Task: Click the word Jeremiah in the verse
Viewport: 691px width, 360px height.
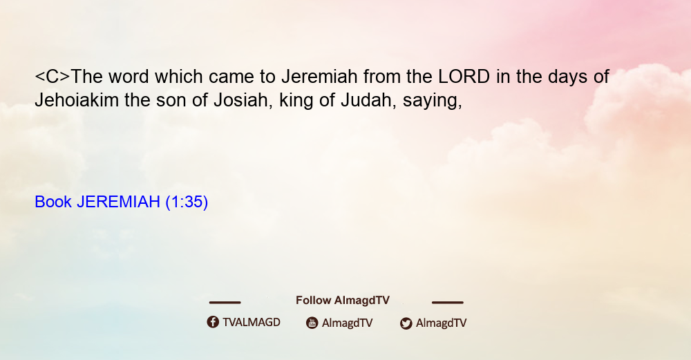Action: (319, 77)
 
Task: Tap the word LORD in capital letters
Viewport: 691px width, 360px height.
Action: (464, 77)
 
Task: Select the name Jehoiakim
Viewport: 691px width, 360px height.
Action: (77, 100)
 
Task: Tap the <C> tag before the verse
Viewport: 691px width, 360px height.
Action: (53, 77)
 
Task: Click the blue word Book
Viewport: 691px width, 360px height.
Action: (53, 202)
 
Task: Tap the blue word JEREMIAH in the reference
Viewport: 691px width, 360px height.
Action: (119, 202)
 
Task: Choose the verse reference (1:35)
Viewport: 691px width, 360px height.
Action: (187, 202)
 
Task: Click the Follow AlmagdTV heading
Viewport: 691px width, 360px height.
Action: (343, 301)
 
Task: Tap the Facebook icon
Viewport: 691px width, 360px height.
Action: (213, 322)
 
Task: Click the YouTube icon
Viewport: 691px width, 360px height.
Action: (312, 323)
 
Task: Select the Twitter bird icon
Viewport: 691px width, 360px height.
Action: (406, 323)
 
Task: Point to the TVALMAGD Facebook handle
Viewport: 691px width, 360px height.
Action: (252, 323)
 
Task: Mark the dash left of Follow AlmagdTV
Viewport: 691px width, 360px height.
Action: (225, 303)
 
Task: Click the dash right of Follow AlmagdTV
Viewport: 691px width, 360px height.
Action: (448, 303)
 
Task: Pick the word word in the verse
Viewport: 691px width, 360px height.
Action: (129, 77)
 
